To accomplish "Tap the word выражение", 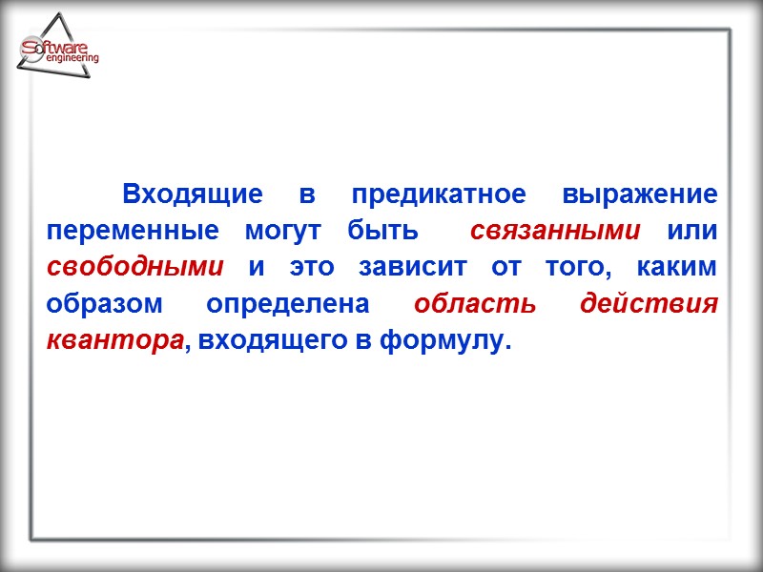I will point(639,196).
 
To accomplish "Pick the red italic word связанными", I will point(555,232).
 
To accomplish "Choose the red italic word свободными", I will point(135,268).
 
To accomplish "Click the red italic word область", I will point(473,304).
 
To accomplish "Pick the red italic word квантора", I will point(113,340).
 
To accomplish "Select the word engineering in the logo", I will point(71,59).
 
